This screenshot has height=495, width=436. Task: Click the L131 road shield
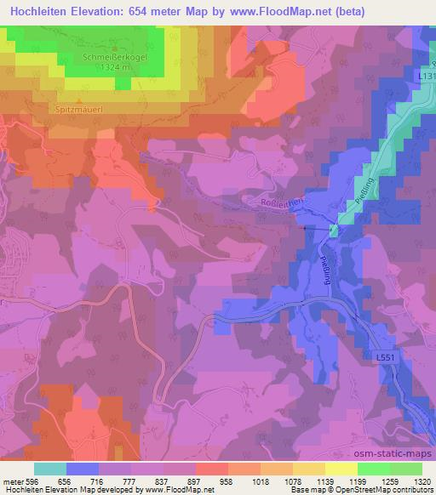coord(426,76)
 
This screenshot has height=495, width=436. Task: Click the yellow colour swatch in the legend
coord(341,468)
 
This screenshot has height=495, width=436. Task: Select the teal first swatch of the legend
coord(50,468)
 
